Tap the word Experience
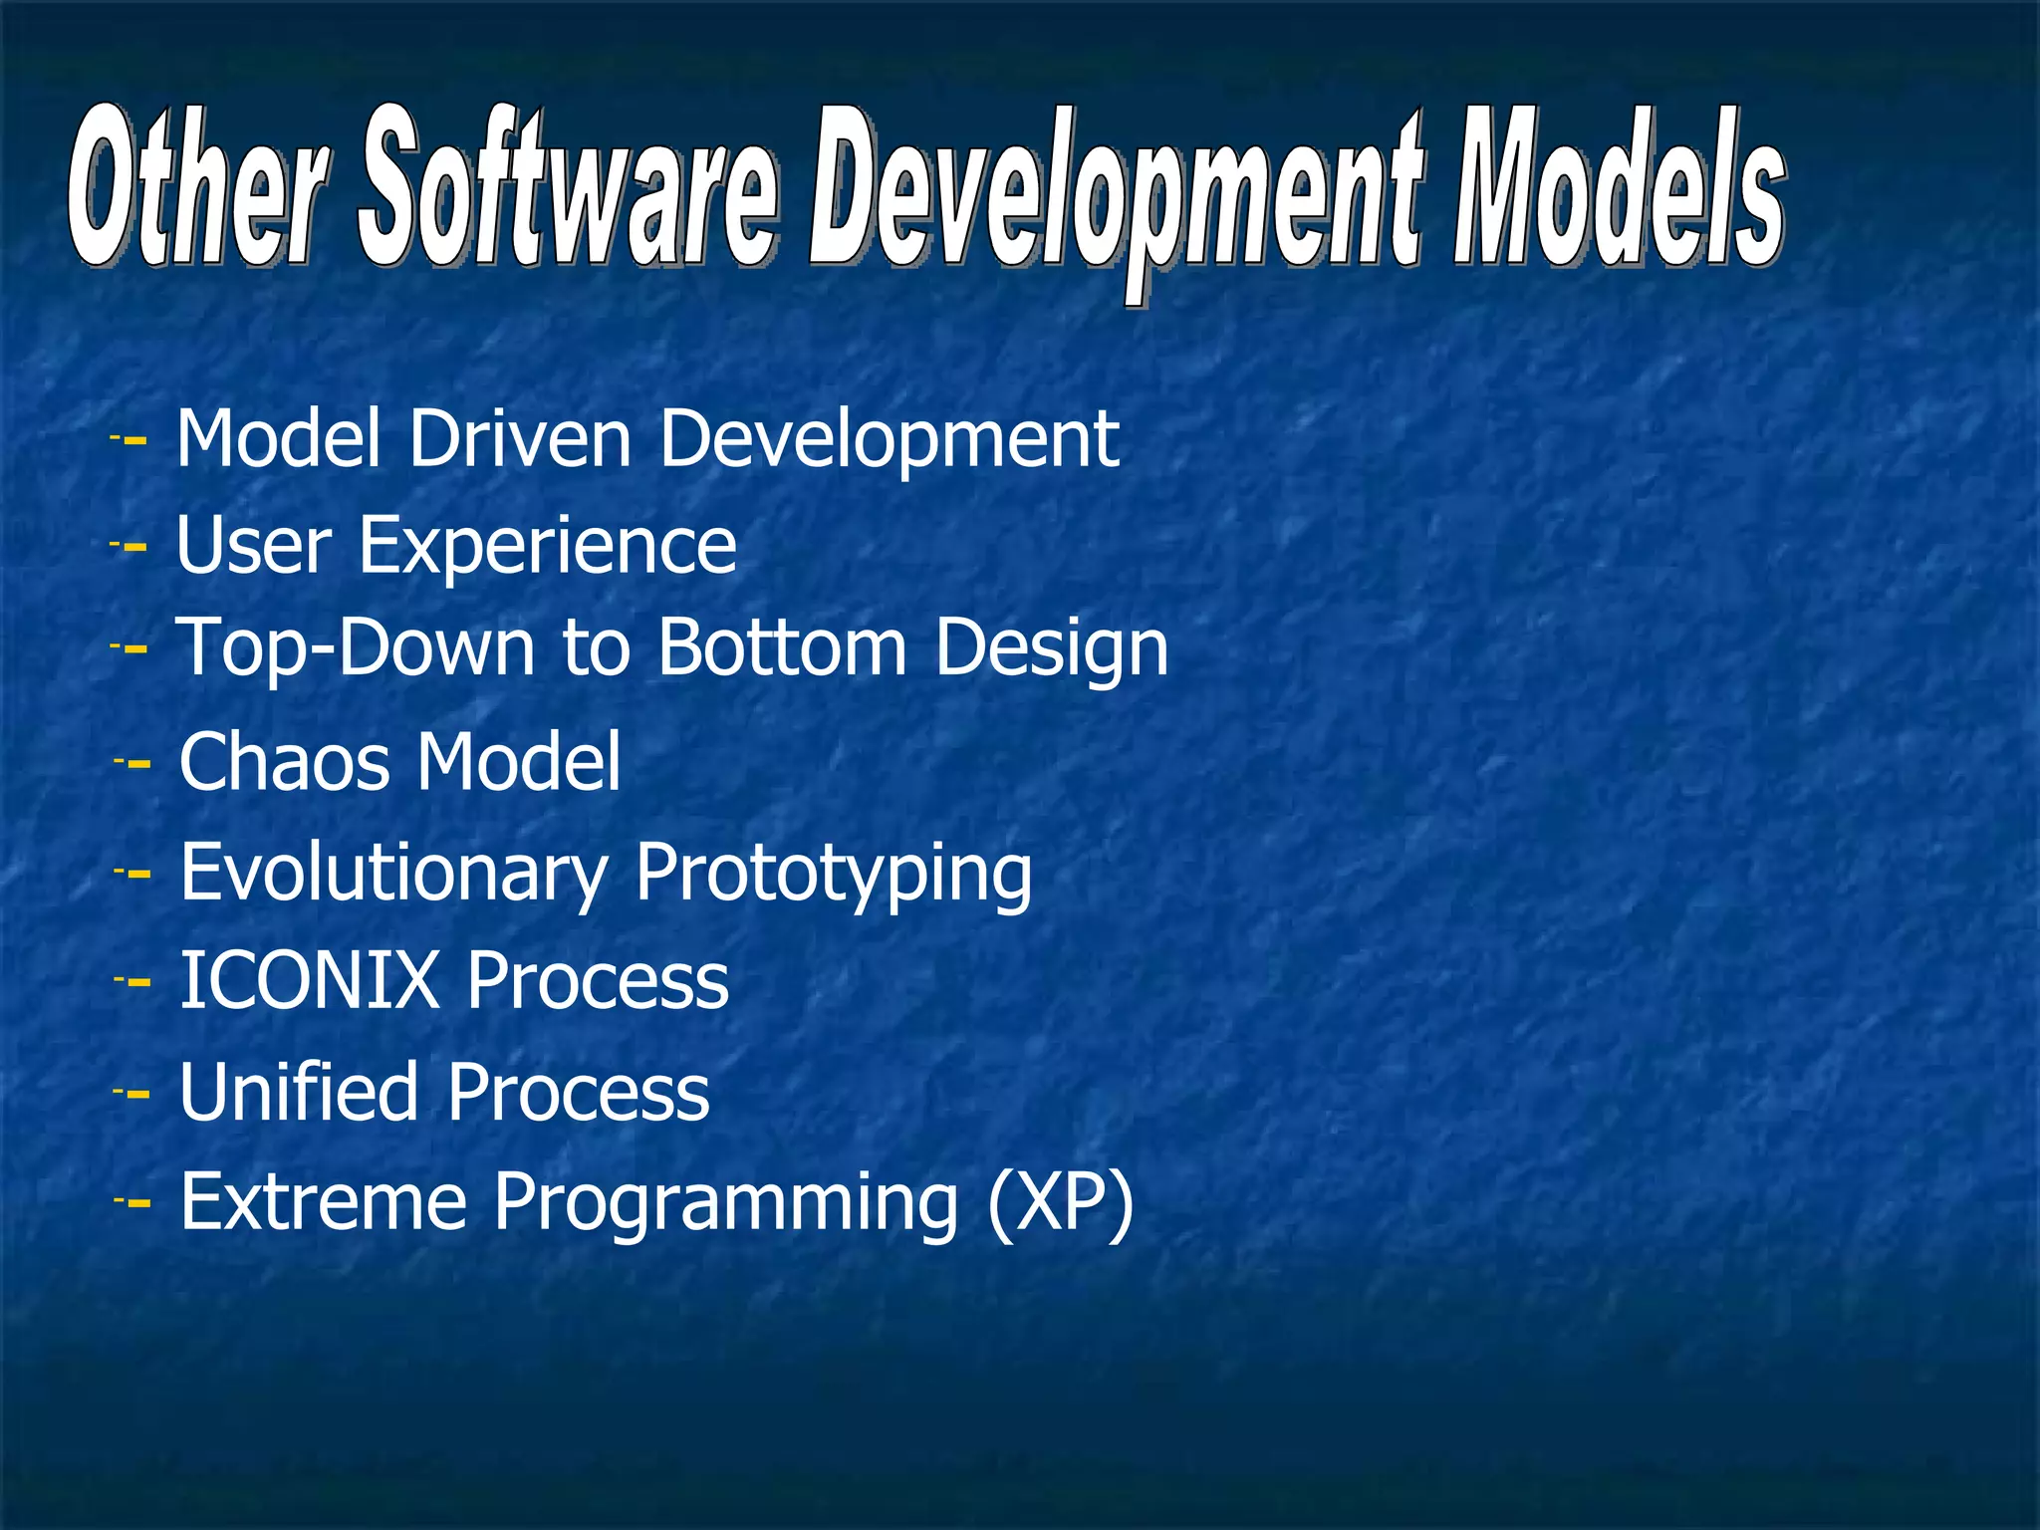[547, 546]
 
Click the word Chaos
[284, 762]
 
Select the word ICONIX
[310, 980]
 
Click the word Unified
[298, 1092]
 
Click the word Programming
[725, 1205]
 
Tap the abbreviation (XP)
[1060, 1203]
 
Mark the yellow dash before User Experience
[133, 547]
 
